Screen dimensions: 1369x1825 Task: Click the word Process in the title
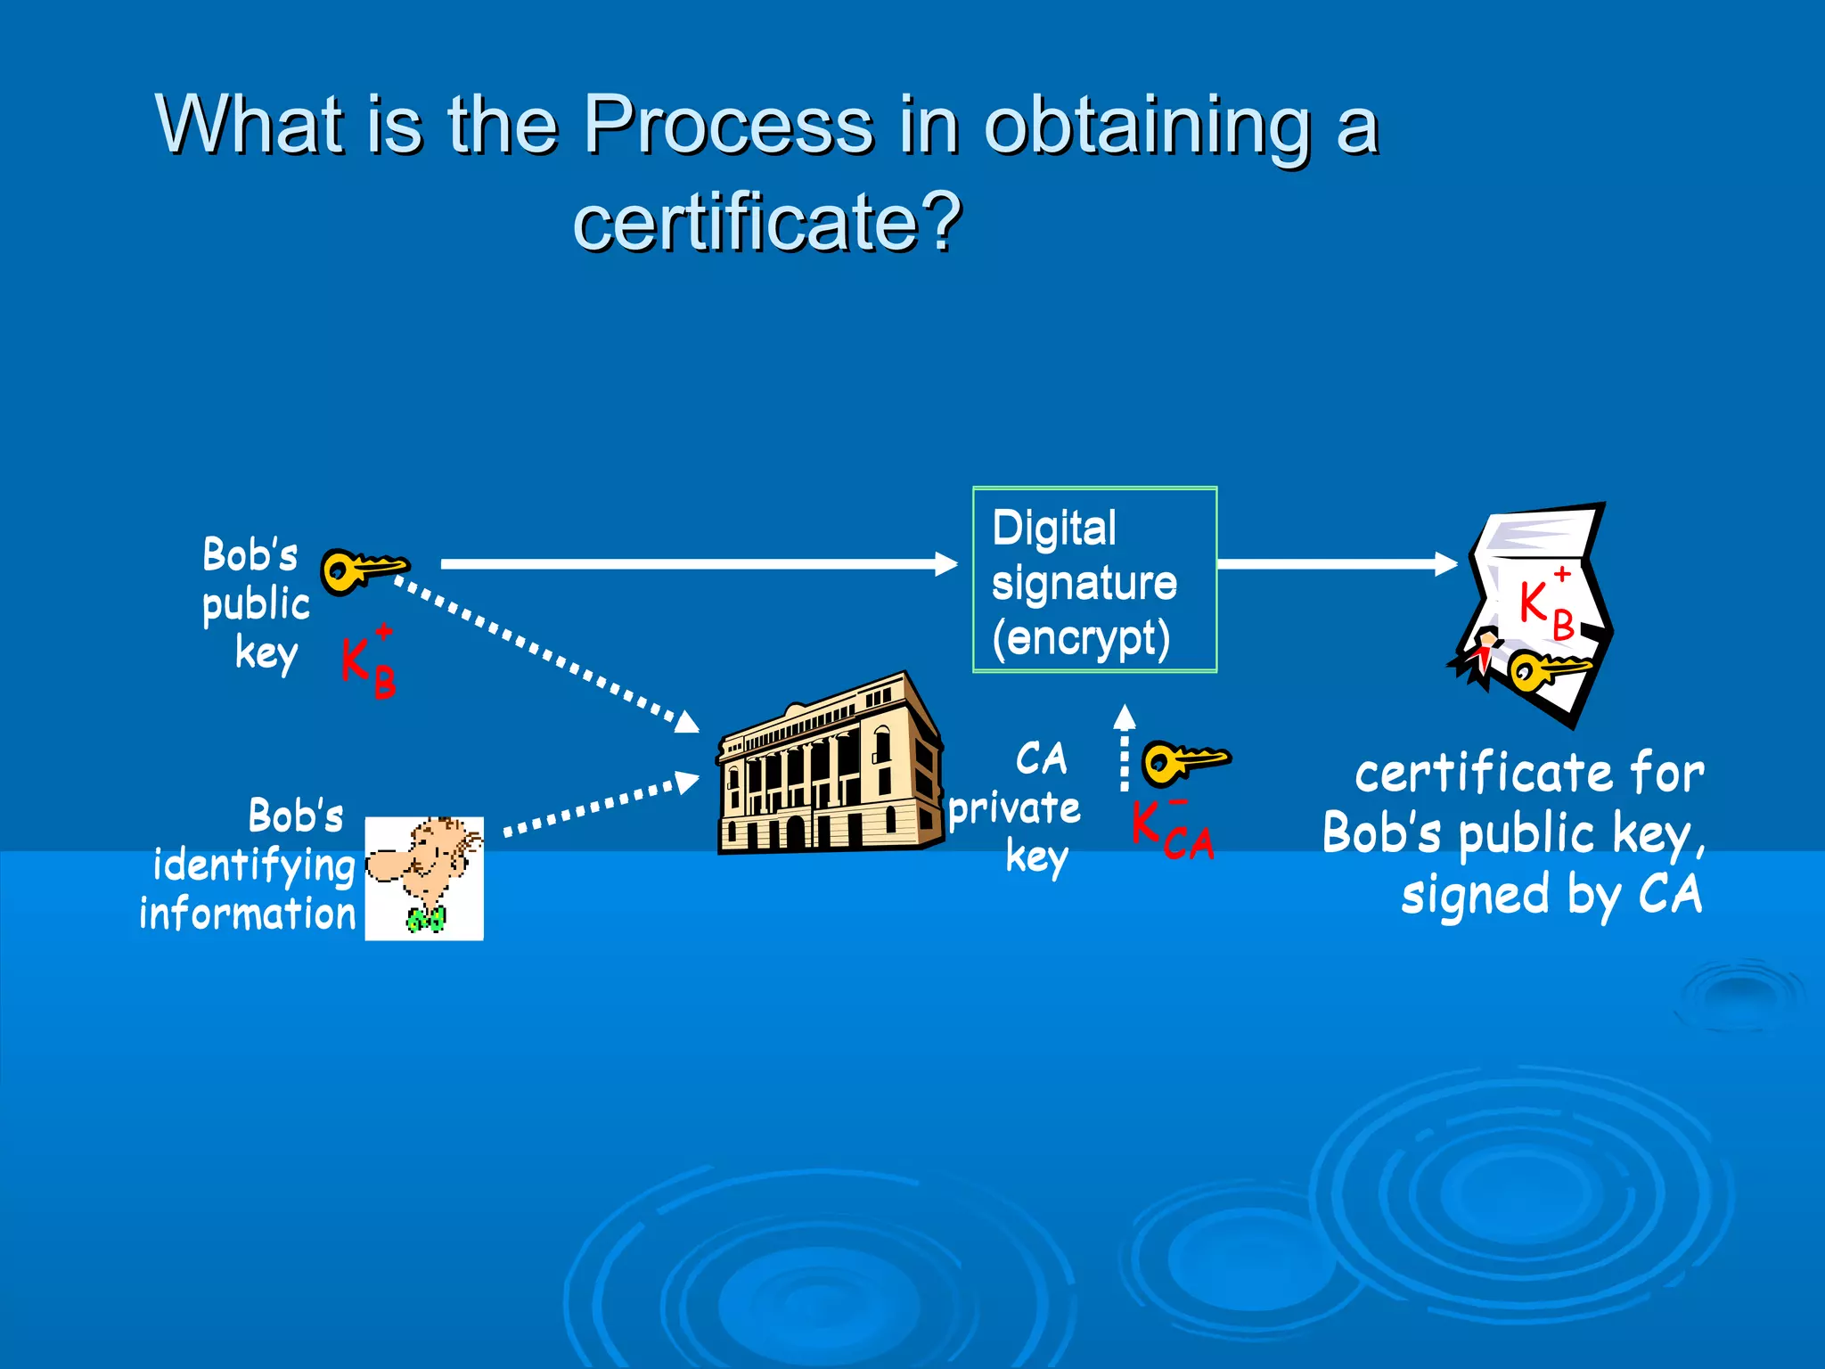click(728, 125)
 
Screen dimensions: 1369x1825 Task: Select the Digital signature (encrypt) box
click(1094, 580)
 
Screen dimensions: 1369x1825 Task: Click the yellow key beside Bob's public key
click(362, 570)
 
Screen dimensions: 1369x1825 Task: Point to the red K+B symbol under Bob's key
click(369, 663)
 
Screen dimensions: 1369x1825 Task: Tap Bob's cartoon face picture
click(425, 878)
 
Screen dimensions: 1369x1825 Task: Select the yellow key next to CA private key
click(1185, 762)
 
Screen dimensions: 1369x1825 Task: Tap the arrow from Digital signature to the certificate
click(1337, 564)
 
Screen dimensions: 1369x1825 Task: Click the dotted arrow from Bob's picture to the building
click(602, 807)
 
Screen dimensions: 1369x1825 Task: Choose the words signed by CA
click(1551, 895)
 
